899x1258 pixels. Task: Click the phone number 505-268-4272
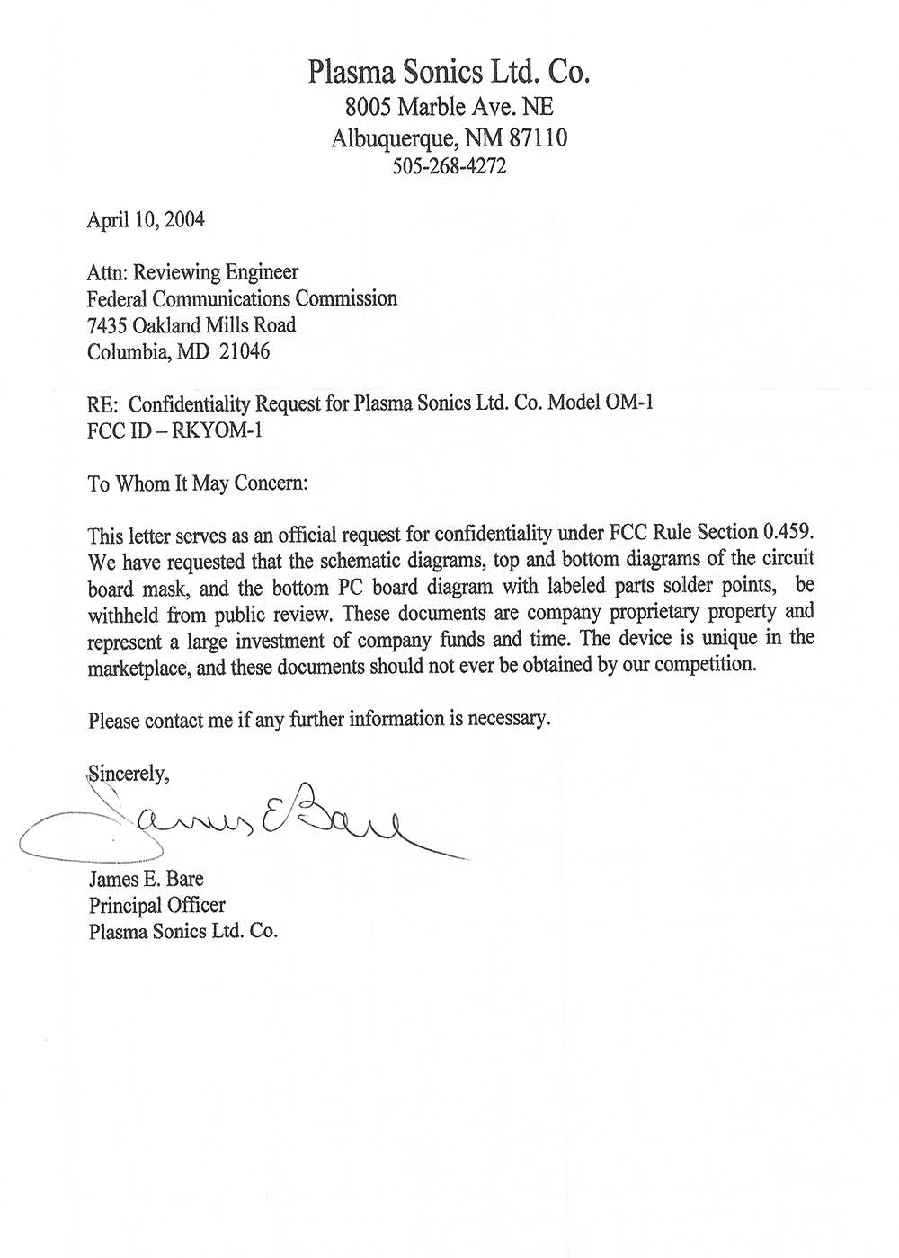coord(449,166)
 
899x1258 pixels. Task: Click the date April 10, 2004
coord(146,219)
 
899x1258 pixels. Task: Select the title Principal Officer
coord(156,905)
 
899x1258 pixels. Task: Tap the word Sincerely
coord(128,773)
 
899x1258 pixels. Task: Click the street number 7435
coord(107,325)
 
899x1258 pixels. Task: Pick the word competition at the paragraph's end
coord(705,666)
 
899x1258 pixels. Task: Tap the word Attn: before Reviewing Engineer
coord(107,271)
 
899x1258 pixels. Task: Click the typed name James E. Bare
coord(146,878)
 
